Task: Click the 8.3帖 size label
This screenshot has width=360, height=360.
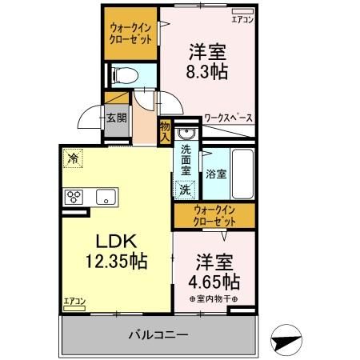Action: pyautogui.click(x=208, y=73)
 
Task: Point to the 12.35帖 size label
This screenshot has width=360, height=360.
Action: pyautogui.click(x=117, y=260)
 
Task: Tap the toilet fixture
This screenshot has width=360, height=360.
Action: pyautogui.click(x=126, y=76)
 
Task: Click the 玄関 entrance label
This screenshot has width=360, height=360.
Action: pyautogui.click(x=115, y=118)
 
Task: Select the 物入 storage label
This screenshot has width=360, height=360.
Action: pyautogui.click(x=165, y=130)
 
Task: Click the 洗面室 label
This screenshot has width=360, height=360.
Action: pyautogui.click(x=185, y=160)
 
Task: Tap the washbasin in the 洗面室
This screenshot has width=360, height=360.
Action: pyautogui.click(x=186, y=133)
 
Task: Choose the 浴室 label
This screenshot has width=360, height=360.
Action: pyautogui.click(x=214, y=173)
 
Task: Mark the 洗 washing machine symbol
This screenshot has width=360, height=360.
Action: pyautogui.click(x=185, y=190)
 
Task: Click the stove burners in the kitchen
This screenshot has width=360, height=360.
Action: pyautogui.click(x=75, y=196)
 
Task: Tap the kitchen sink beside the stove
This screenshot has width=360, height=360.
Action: pyautogui.click(x=106, y=197)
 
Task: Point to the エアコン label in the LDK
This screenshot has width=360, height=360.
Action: pyautogui.click(x=74, y=301)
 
